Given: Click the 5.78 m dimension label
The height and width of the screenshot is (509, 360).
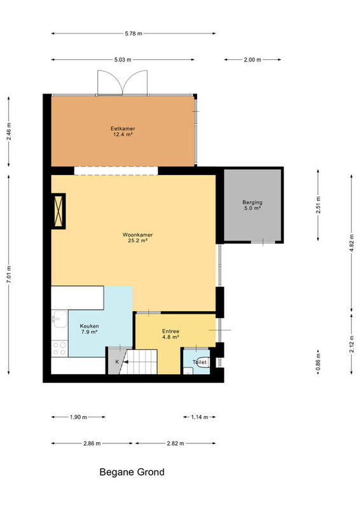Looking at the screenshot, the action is coord(134,34).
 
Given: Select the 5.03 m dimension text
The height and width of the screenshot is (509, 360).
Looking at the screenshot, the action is coord(123,60).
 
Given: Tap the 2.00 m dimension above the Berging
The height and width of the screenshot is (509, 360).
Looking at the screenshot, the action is coord(253,60).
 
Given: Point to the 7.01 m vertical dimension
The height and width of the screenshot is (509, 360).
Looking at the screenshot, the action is coord(9,274).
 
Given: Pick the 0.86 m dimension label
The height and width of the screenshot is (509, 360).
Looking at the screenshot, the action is coord(318,362).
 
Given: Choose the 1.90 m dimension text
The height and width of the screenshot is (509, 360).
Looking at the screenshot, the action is coord(78,417).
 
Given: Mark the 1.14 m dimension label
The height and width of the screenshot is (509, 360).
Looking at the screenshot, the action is coord(199,417).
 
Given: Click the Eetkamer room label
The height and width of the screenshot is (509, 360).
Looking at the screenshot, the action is coord(123,129).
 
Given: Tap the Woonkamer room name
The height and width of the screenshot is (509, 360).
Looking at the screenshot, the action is coord(137,235).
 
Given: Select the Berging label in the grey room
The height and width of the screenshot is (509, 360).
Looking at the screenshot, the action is coord(253,202).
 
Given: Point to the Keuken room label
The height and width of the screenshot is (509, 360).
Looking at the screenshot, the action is coord(89,326).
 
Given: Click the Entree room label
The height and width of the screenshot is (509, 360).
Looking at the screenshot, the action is coord(170,331).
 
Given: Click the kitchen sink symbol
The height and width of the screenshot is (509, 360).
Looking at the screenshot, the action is coord(60,319).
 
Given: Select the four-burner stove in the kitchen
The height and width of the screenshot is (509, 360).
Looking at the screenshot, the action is coord(60,348).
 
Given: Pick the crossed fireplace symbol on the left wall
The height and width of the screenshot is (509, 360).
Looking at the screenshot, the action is coord(59,211).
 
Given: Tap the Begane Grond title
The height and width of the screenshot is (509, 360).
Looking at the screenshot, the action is coord(132,472).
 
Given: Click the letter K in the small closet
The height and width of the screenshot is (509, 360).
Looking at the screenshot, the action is coord(117,361).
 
